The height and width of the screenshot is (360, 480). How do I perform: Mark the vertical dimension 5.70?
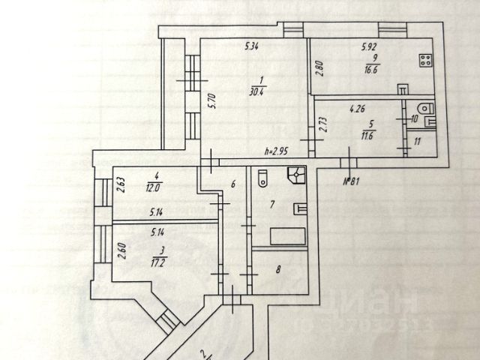(x=212, y=100)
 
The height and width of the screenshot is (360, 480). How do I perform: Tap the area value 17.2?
(x=157, y=262)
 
